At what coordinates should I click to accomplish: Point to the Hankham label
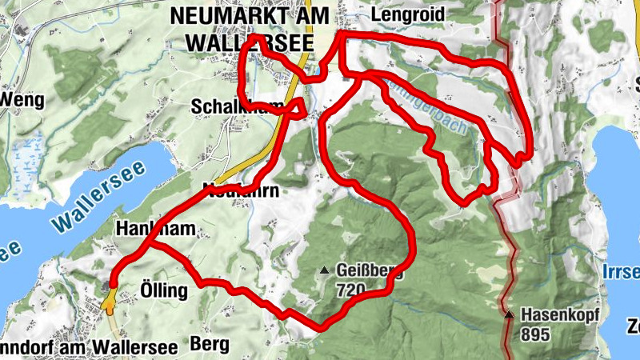155,229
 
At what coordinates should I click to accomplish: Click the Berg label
210,344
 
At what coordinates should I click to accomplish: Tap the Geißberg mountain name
369,271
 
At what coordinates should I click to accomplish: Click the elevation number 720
352,289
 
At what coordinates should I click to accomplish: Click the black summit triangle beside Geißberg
324,271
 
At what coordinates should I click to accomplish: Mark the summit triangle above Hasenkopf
509,314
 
